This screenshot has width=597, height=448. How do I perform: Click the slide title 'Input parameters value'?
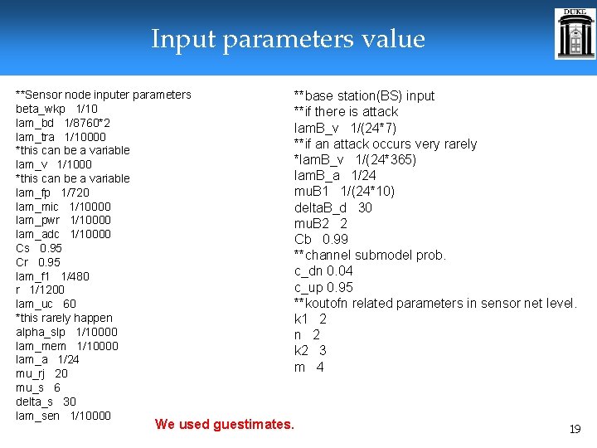[288, 39]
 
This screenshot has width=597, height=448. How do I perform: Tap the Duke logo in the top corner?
[575, 34]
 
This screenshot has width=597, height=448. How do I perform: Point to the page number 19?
[574, 429]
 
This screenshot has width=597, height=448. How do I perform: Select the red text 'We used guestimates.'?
[224, 425]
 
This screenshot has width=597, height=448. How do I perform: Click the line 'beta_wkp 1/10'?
[56, 109]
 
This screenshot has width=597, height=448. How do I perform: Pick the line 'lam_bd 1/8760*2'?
[63, 123]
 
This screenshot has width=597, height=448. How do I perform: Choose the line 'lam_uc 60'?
[46, 304]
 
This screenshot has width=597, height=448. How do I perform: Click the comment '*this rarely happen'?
[64, 318]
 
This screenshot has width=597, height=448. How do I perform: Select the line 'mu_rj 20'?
[41, 373]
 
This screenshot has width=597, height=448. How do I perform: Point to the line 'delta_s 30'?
[46, 402]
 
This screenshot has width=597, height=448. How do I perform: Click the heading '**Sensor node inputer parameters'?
[104, 95]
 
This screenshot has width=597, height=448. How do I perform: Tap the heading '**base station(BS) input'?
[364, 95]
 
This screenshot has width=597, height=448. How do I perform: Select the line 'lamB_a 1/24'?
[335, 175]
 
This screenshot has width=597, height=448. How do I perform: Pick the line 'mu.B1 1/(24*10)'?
[344, 191]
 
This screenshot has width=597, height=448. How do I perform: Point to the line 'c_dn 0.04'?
[323, 270]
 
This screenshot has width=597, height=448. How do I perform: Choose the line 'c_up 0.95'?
[323, 287]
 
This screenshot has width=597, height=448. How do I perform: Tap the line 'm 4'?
[308, 367]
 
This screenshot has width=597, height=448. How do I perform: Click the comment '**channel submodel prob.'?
[370, 255]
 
